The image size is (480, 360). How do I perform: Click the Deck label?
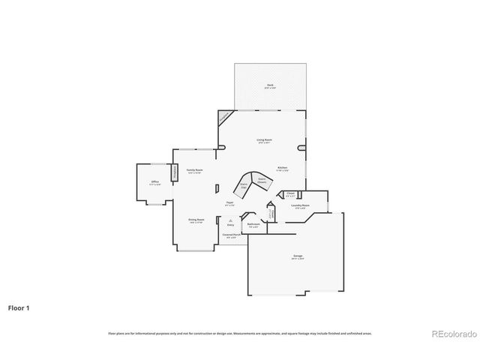[x=270, y=86]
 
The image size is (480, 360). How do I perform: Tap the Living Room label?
[x=265, y=141]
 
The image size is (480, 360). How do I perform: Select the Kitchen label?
[x=282, y=167]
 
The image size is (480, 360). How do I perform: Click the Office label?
[x=154, y=182]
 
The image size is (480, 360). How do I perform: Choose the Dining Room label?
[x=196, y=220]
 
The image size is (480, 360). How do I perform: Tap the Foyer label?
[x=230, y=203]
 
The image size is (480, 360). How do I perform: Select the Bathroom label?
[x=253, y=224]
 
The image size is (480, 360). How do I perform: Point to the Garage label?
[x=298, y=257]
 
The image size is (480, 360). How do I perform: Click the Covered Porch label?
[x=231, y=235]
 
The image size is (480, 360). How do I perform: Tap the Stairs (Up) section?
[x=244, y=185]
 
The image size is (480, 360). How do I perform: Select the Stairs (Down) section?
[x=262, y=180]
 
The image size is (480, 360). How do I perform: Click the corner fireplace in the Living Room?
[x=224, y=117]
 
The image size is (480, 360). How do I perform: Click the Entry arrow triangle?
[x=230, y=219]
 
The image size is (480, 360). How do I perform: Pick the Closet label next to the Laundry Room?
[x=290, y=193]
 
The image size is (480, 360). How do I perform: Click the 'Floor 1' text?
[x=19, y=307]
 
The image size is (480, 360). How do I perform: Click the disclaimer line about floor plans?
[x=240, y=333]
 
